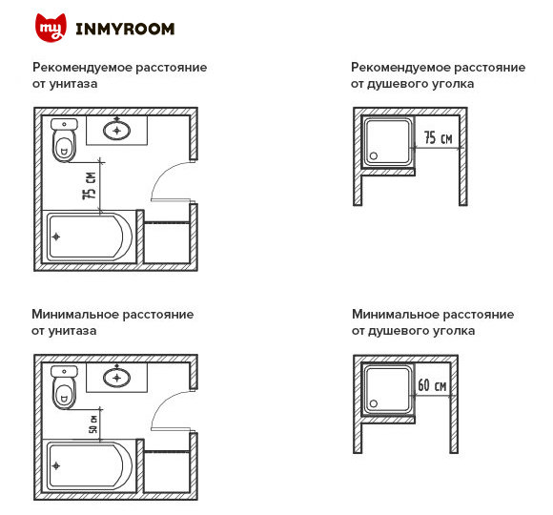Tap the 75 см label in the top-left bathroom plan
(90, 186)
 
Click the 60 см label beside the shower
(432, 385)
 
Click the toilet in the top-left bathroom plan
(64, 141)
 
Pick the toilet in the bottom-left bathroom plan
(64, 387)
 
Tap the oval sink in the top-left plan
(117, 130)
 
